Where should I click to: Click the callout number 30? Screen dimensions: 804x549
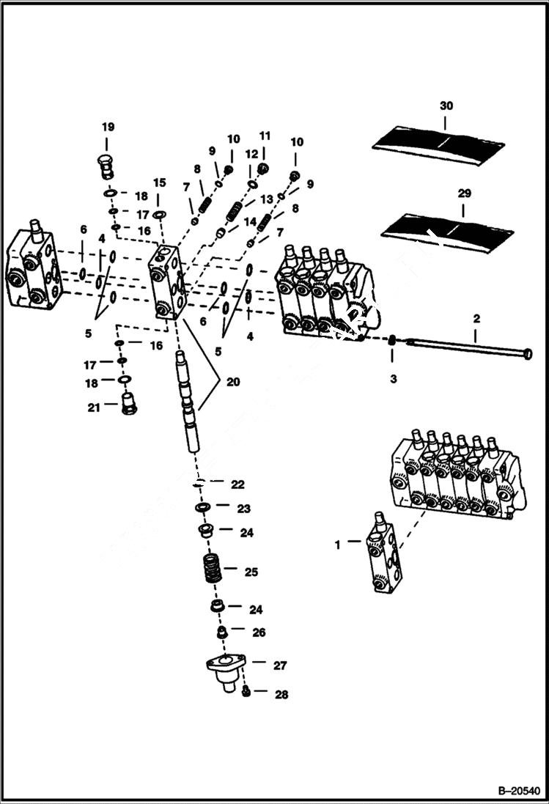click(446, 106)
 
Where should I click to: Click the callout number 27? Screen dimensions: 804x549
click(280, 665)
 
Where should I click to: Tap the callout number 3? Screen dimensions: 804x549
click(393, 379)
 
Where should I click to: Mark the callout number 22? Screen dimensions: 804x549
click(237, 484)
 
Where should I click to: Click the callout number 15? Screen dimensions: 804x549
click(159, 182)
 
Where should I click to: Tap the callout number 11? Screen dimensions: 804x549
click(265, 136)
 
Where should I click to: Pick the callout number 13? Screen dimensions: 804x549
click(266, 199)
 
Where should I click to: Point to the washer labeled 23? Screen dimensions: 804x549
click(202, 508)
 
